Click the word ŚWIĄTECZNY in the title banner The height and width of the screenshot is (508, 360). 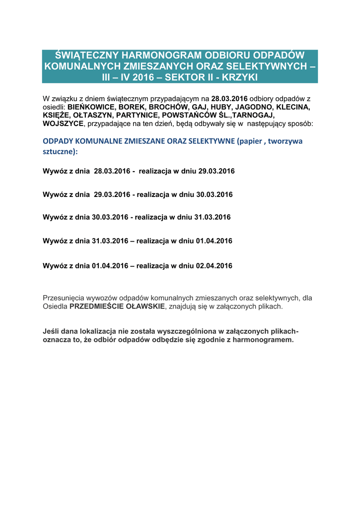pyautogui.click(x=80, y=55)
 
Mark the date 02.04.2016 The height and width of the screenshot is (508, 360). pyautogui.click(x=214, y=265)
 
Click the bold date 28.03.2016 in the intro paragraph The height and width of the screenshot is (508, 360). pyautogui.click(x=229, y=99)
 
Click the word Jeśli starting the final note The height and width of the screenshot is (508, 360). pyautogui.click(x=51, y=331)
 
